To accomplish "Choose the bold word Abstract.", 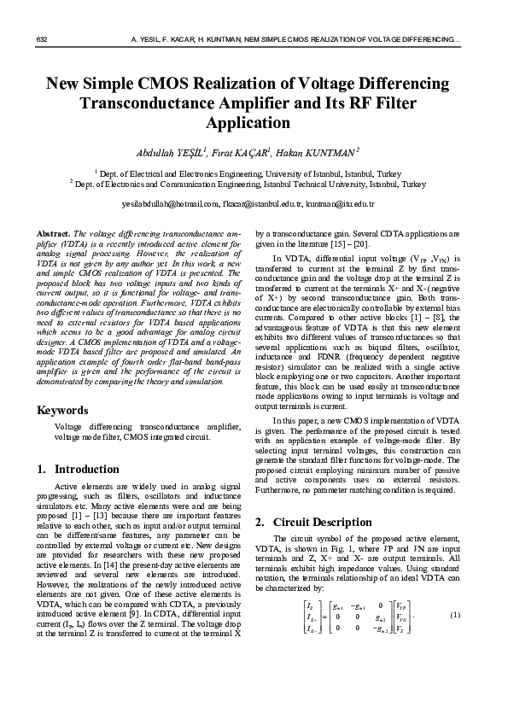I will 54,233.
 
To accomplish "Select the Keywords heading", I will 62,410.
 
